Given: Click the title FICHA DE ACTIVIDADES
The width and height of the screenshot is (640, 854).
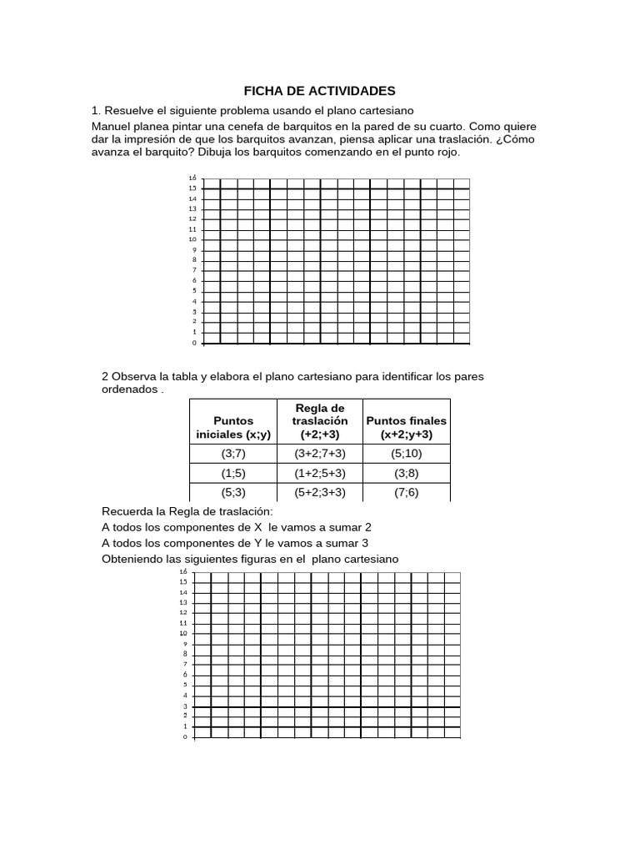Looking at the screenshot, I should (319, 90).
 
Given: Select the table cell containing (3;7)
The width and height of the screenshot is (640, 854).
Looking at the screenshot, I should (232, 454).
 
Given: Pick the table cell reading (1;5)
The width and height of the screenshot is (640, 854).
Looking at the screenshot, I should (232, 473).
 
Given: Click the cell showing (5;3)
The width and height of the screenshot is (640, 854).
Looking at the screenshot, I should (232, 492).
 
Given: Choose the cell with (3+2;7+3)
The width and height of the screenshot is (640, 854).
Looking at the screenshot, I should (320, 454).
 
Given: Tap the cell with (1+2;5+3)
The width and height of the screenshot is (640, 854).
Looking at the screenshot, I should (320, 473).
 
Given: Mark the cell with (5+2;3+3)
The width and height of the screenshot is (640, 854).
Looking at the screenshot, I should (320, 492).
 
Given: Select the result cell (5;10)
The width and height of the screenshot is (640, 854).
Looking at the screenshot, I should (407, 454).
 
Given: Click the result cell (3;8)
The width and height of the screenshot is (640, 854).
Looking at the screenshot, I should (407, 473).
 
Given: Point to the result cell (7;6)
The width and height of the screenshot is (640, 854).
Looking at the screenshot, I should (407, 492).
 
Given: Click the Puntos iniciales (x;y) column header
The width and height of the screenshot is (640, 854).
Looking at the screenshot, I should (232, 428).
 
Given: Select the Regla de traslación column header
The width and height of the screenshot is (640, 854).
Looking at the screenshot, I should (320, 421).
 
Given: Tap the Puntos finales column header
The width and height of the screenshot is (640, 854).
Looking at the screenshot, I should (407, 428).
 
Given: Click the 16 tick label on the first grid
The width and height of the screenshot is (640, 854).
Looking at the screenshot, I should (192, 178).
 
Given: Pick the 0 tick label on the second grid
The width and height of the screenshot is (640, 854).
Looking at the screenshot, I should (184, 737).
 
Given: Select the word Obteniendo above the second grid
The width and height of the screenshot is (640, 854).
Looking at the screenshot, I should (135, 558).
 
